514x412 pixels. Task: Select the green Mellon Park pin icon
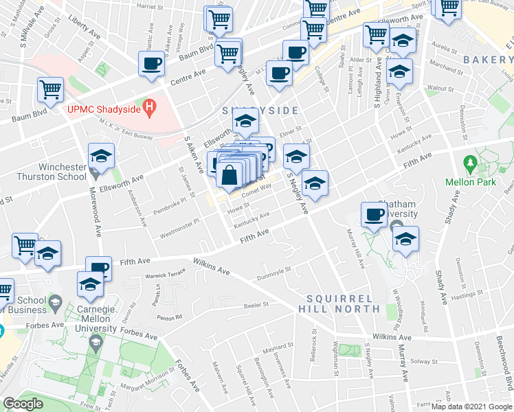[x=470, y=164]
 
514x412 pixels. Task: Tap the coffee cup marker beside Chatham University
[x=375, y=214]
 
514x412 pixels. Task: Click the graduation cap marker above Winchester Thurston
[x=101, y=156]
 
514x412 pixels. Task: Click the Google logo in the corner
[x=23, y=404]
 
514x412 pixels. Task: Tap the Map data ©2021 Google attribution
[x=470, y=407]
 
